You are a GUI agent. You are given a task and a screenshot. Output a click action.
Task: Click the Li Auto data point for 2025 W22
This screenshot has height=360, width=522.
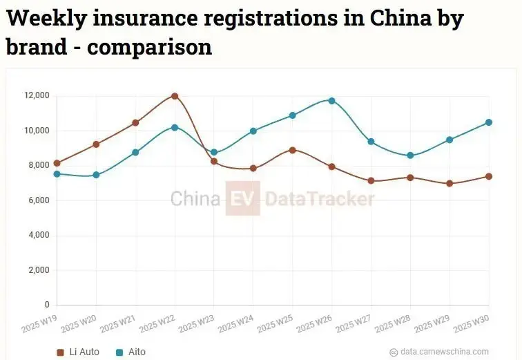pos(175,96)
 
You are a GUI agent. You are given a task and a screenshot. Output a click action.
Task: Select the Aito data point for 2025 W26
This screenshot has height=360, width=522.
pos(332,101)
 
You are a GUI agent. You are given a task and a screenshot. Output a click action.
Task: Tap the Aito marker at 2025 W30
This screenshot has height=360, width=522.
pos(489,122)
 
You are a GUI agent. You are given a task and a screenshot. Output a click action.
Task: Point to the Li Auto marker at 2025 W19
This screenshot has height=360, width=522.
pos(57,163)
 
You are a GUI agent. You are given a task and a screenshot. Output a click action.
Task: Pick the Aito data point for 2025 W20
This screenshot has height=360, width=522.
pos(96,175)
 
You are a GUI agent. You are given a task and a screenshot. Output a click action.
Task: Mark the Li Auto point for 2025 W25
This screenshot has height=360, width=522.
pos(293,150)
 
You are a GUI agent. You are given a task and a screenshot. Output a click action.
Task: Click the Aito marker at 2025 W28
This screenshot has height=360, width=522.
pos(410,155)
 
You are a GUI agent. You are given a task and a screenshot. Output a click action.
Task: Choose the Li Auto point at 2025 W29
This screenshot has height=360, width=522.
pos(449,183)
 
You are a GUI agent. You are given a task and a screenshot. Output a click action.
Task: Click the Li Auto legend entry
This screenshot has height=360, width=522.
pos(78,352)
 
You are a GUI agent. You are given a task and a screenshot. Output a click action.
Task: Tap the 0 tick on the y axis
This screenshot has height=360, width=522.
pos(47,305)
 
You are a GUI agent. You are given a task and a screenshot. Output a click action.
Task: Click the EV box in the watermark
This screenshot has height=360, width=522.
pos(242,199)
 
